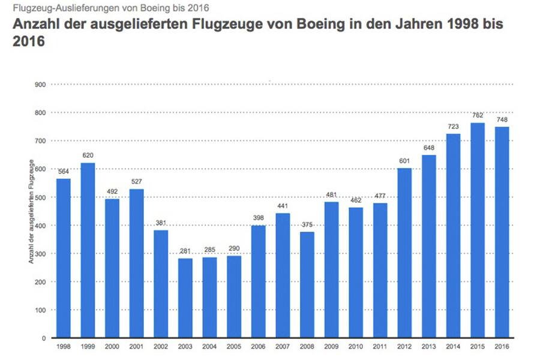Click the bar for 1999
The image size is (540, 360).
(88, 250)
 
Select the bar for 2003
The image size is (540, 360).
(185, 298)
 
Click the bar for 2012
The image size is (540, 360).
(404, 253)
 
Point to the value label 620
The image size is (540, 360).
(88, 155)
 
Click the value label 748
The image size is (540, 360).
(502, 119)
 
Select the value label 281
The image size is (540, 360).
(185, 251)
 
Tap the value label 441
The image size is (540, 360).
(283, 206)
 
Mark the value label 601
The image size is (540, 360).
(404, 160)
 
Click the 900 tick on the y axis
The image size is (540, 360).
(40, 85)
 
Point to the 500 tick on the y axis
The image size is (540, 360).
(40, 197)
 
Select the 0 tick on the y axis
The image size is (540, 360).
(44, 338)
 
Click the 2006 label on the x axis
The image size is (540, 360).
(258, 347)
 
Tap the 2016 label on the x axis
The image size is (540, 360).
(502, 347)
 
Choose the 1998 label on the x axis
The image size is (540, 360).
(63, 347)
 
